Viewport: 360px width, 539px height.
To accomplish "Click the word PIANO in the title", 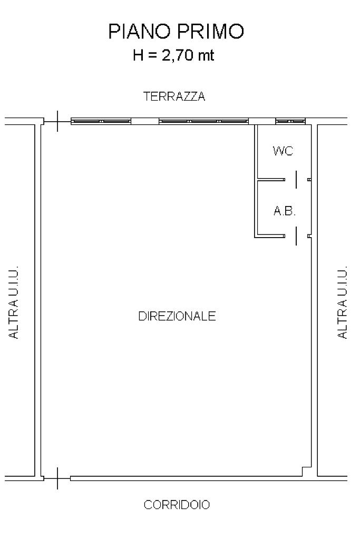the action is click(139, 31).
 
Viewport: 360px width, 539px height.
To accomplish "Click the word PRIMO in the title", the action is click(210, 31).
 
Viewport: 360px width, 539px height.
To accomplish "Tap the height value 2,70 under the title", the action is click(177, 55).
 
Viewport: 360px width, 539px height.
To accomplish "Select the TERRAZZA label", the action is click(174, 96).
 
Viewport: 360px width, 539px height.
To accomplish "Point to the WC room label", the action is click(283, 151).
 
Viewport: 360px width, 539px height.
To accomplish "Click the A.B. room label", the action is click(285, 211).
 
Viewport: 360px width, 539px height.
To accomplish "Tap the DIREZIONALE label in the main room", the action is click(177, 316).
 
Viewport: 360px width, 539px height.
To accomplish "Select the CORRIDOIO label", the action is click(177, 505).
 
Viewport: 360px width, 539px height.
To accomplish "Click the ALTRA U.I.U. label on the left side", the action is click(13, 302).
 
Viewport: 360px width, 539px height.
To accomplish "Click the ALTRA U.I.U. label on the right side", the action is click(343, 302).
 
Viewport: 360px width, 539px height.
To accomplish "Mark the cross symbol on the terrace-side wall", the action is click(57, 121).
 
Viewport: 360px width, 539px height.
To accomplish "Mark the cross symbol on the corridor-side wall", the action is click(57, 478).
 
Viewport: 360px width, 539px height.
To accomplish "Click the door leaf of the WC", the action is click(296, 180).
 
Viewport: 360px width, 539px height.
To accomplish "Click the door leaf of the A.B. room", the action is click(296, 236).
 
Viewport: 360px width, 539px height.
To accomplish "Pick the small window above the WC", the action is click(290, 121).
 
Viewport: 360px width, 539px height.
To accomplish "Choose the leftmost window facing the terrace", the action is click(101, 121).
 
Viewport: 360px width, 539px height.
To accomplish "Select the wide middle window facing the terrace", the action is click(203, 121).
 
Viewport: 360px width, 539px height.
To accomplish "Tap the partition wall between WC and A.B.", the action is click(271, 180).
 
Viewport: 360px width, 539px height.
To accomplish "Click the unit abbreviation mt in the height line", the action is click(206, 55).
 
